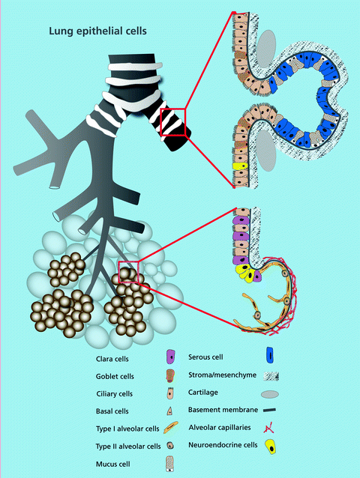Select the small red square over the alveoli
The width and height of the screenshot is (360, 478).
pos(128,270)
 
